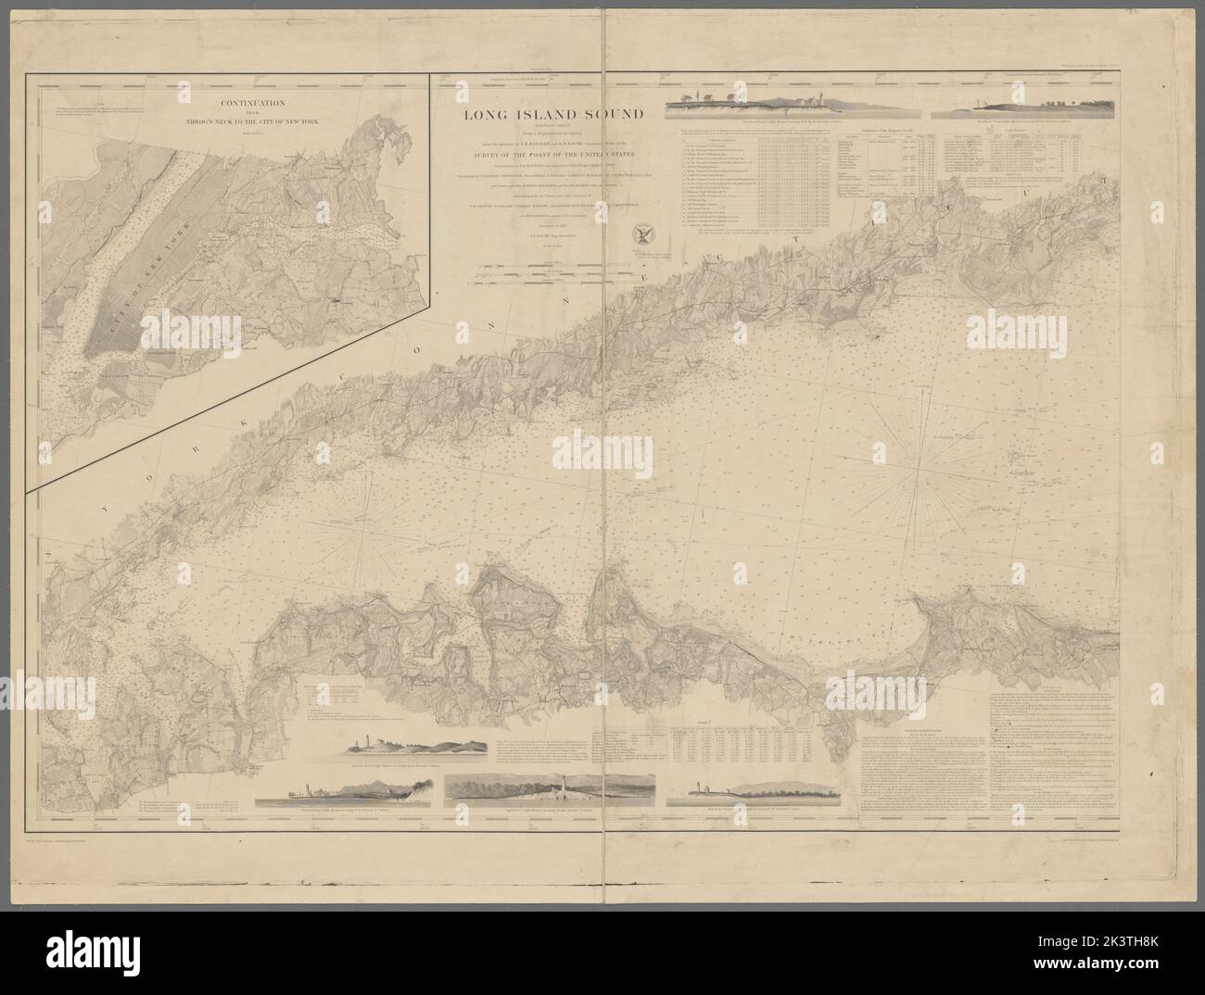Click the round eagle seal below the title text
(x=639, y=234)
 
